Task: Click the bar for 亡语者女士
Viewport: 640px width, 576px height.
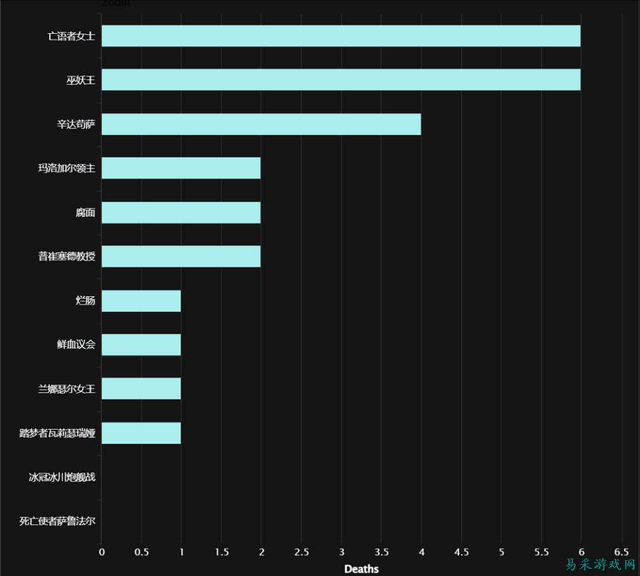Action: tap(341, 36)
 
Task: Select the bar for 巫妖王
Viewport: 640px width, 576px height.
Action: tap(341, 80)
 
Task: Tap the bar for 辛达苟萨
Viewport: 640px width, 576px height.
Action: tap(261, 124)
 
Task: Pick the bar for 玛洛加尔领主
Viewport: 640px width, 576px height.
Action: tap(181, 168)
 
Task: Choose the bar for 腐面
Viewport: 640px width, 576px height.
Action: tap(181, 213)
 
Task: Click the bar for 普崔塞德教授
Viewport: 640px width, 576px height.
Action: tap(181, 257)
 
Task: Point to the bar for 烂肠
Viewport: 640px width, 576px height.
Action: tap(141, 301)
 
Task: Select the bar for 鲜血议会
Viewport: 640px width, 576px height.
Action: tap(141, 345)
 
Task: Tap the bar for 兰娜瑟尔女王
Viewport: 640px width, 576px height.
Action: tap(141, 389)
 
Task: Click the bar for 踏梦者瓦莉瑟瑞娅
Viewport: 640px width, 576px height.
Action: tap(141, 433)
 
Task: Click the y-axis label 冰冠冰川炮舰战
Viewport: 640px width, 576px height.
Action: tap(62, 477)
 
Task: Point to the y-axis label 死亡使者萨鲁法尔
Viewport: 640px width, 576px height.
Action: tap(57, 521)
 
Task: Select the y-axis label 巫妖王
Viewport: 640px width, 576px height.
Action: tap(81, 80)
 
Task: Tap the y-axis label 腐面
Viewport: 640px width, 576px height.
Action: tap(85, 213)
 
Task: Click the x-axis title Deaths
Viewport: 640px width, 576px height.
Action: tap(361, 569)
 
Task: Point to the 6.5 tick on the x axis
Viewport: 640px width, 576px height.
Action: tap(621, 552)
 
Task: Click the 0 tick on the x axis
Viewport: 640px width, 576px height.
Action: tap(102, 552)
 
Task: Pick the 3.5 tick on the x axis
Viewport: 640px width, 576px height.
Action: tap(381, 552)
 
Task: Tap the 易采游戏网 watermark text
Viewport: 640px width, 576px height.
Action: tap(600, 564)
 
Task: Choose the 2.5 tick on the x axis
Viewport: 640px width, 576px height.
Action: tap(301, 552)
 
